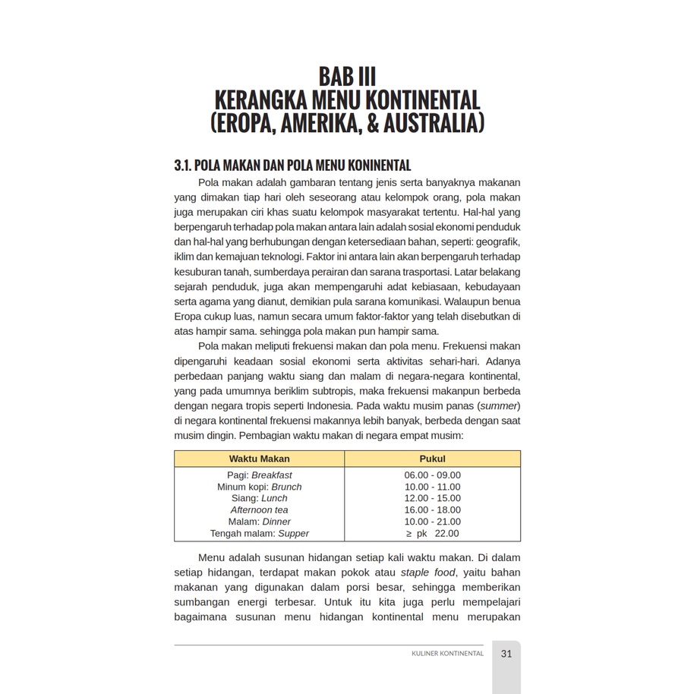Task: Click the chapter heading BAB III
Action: pyautogui.click(x=347, y=77)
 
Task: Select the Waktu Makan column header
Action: pyautogui.click(x=259, y=459)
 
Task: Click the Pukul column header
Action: pyautogui.click(x=432, y=459)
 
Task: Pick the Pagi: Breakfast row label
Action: pyautogui.click(x=259, y=475)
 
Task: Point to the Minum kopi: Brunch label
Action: pyautogui.click(x=259, y=487)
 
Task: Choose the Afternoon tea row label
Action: pyautogui.click(x=259, y=510)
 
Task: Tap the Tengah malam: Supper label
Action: pyautogui.click(x=259, y=534)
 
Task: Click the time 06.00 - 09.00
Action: pyautogui.click(x=432, y=475)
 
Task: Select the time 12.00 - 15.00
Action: pyautogui.click(x=432, y=498)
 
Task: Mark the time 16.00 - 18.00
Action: pyautogui.click(x=432, y=510)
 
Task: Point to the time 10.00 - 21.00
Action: pyautogui.click(x=432, y=522)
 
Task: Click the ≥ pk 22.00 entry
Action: pyautogui.click(x=432, y=534)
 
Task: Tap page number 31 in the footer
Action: pyautogui.click(x=506, y=654)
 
